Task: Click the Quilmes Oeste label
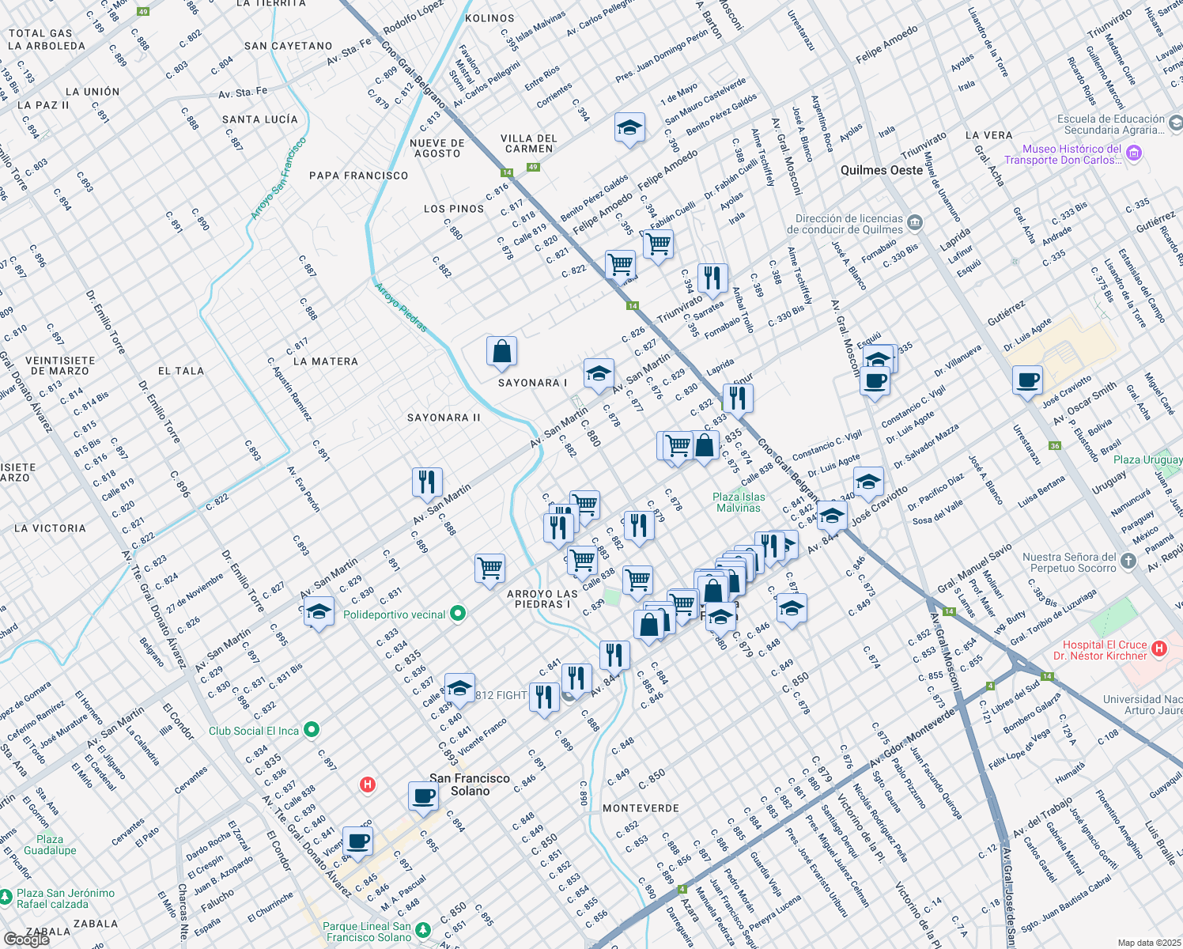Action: click(882, 170)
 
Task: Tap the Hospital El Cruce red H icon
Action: click(1159, 649)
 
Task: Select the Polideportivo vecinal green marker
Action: click(457, 614)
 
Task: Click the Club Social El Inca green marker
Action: click(312, 729)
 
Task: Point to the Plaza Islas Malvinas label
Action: click(739, 502)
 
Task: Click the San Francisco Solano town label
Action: click(470, 785)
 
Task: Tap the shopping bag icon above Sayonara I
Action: click(501, 352)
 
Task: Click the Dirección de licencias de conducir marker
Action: click(916, 222)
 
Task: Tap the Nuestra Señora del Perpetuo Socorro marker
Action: click(1128, 561)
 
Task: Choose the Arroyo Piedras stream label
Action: click(401, 308)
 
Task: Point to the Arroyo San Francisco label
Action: click(278, 179)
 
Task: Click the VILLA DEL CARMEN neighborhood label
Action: click(529, 143)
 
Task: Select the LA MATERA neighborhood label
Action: click(326, 361)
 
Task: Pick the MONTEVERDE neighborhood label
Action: click(641, 808)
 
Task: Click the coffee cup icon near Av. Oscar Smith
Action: click(1027, 380)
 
